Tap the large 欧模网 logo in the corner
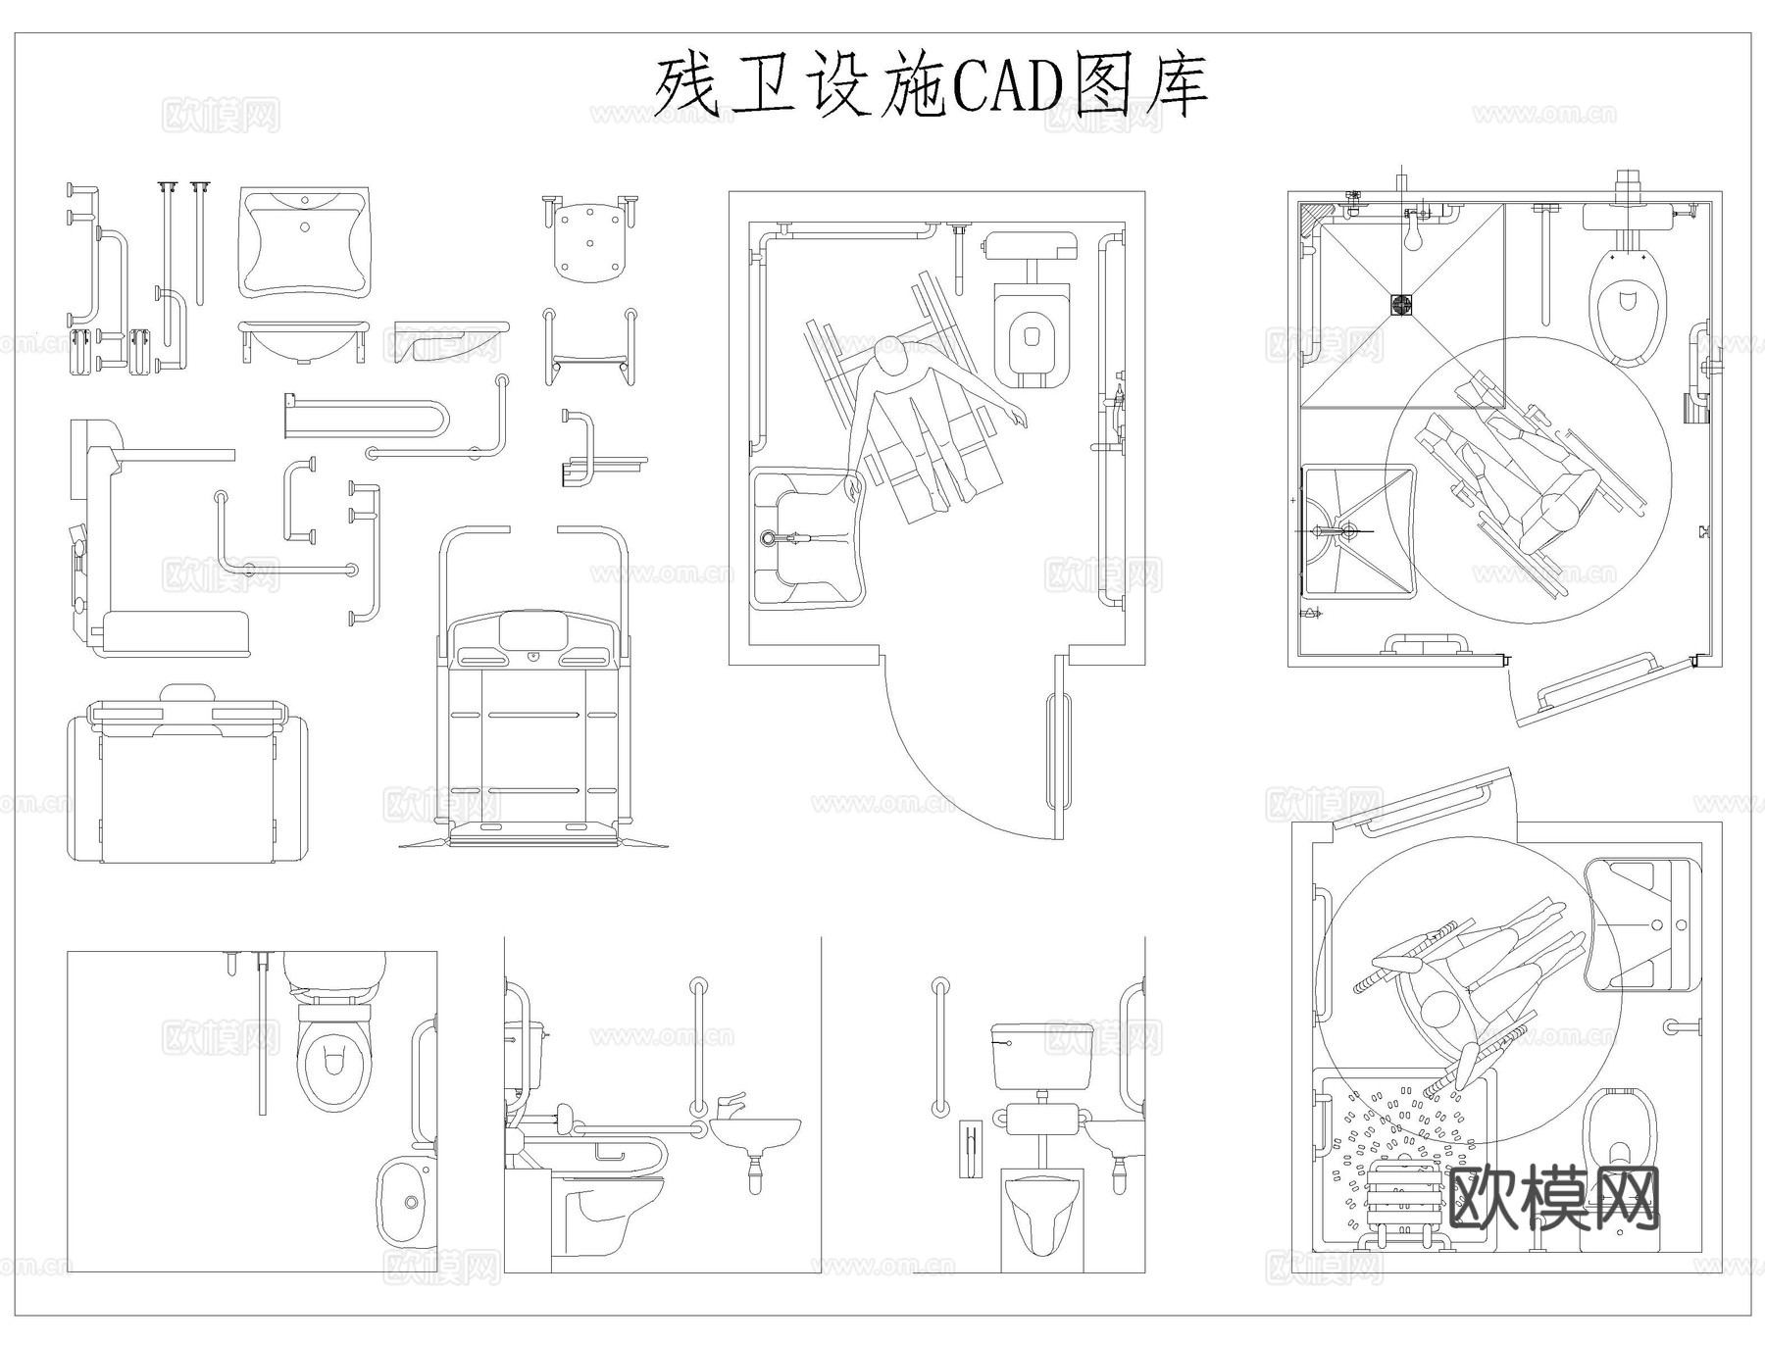(x=1553, y=1198)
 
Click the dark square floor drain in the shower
(x=1402, y=304)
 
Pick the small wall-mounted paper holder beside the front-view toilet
(x=968, y=1148)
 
